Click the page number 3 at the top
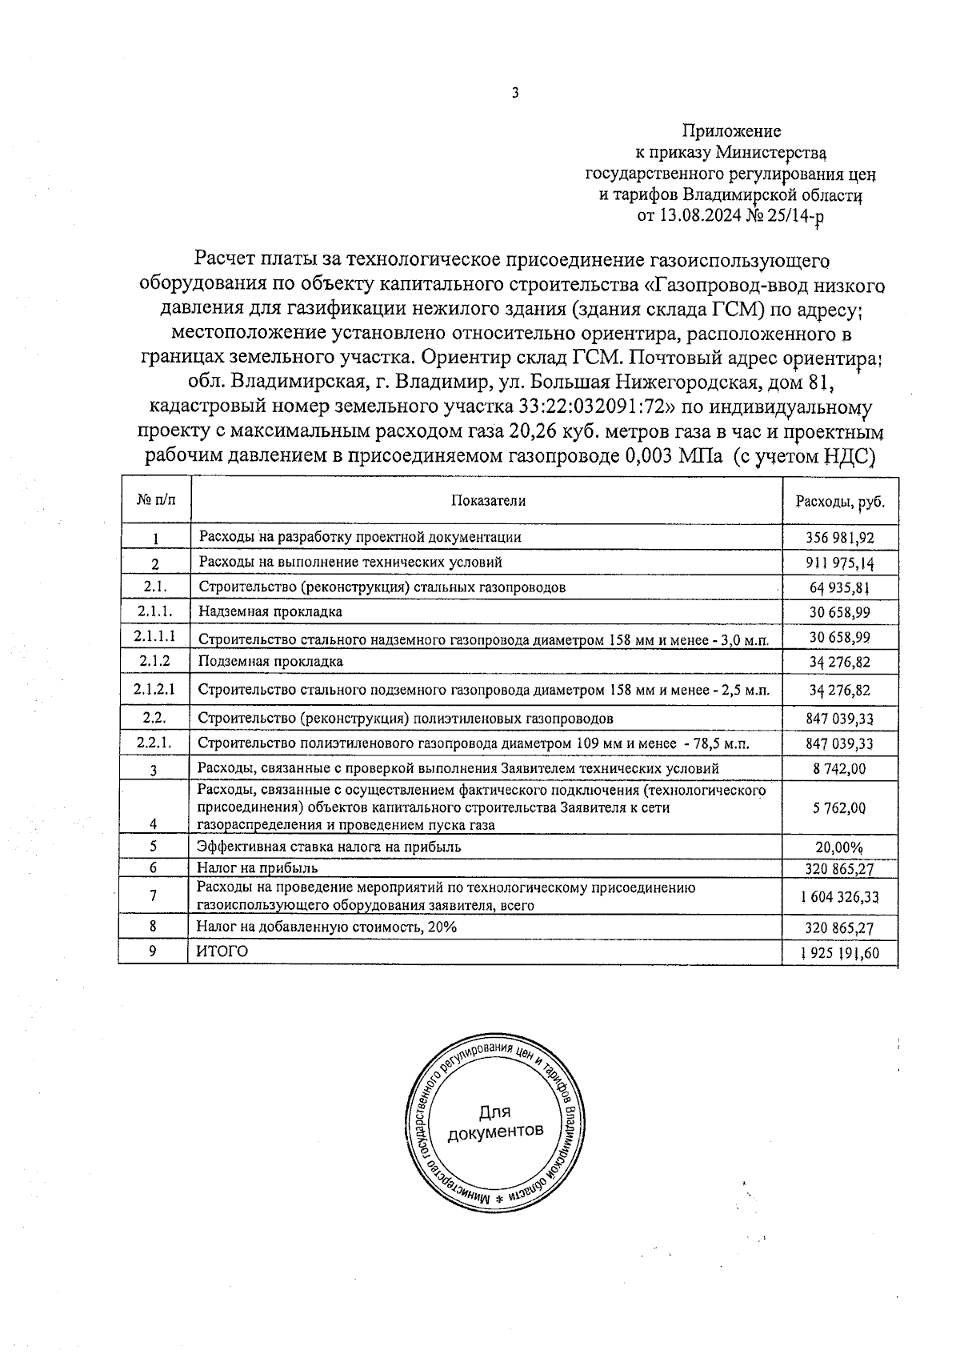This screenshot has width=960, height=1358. coord(515,93)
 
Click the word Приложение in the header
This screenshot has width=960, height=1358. coord(731,130)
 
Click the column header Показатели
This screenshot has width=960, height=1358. coord(488,500)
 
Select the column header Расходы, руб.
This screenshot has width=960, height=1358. coord(840,502)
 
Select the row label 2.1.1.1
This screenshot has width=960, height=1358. coord(155,636)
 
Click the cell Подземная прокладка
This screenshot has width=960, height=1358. coord(270,662)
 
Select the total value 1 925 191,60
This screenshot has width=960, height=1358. coord(839,953)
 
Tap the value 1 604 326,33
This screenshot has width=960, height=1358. coord(839,898)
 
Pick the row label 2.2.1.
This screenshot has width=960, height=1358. coord(154,743)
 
